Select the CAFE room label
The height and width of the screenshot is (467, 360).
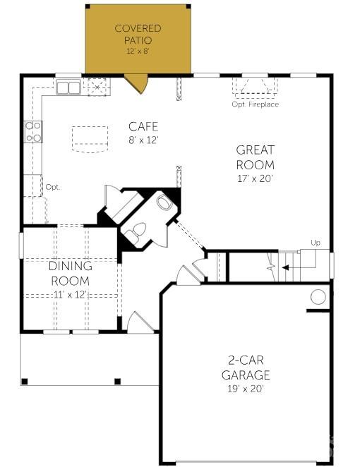tap(143, 126)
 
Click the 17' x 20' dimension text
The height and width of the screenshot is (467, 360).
tap(255, 178)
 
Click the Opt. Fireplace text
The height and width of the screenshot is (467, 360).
tap(255, 104)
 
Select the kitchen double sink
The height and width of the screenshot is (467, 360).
tap(68, 87)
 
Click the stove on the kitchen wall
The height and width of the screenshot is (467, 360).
tap(33, 131)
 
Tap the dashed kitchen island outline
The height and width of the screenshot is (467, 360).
tap(90, 139)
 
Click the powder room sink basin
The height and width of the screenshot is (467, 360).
tap(164, 202)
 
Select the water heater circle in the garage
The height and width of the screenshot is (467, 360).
tap(318, 297)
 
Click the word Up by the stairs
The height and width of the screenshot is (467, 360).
tap(315, 243)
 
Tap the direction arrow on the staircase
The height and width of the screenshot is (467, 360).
tap(286, 267)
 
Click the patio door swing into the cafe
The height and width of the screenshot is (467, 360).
tap(136, 83)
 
